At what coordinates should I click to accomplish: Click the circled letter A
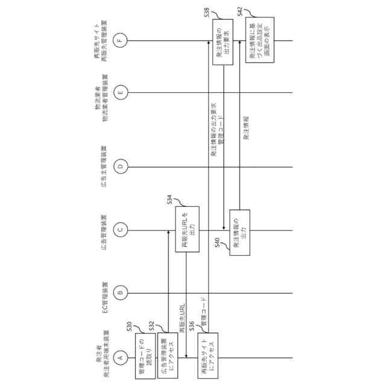point(121,357)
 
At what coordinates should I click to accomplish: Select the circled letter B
point(121,293)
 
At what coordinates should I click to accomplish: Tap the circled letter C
point(121,229)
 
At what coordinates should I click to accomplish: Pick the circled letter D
point(121,166)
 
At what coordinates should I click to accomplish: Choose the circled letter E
point(121,92)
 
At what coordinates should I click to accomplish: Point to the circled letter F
point(121,40)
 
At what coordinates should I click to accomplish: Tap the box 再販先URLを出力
point(186,229)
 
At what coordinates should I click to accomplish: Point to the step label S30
point(129,326)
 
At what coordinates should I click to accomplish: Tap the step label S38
point(206,12)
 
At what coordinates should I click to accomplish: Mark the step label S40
point(218,243)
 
